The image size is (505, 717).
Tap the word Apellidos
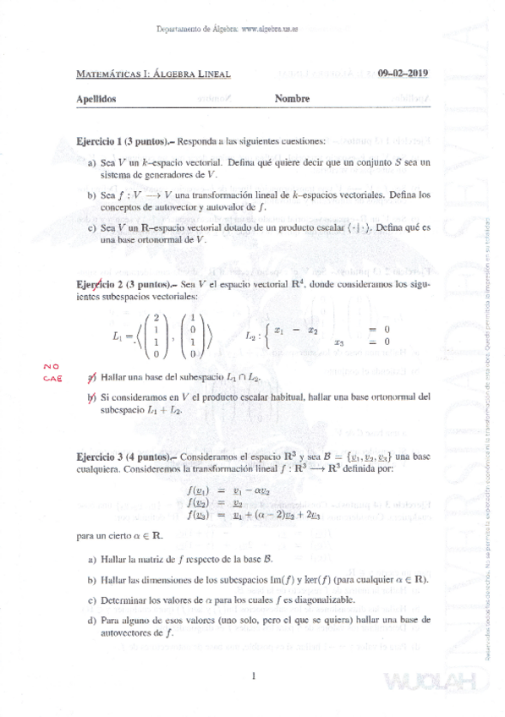click(x=96, y=99)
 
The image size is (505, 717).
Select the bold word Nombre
click(x=293, y=99)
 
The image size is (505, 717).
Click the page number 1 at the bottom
click(x=253, y=674)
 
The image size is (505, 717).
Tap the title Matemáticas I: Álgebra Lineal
click(x=153, y=74)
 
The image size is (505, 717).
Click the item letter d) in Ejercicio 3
click(x=91, y=620)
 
